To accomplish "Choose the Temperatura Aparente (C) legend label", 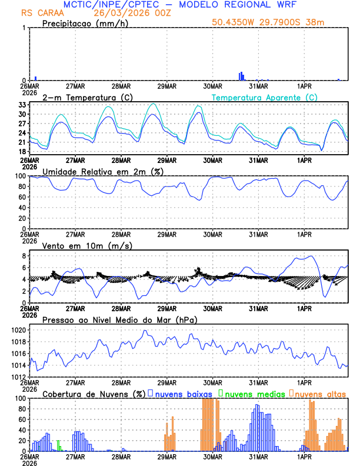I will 264,97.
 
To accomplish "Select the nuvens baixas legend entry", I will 182,394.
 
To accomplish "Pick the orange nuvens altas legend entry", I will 320,394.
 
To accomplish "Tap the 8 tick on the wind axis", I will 24,256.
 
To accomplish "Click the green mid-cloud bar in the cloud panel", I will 58,445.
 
